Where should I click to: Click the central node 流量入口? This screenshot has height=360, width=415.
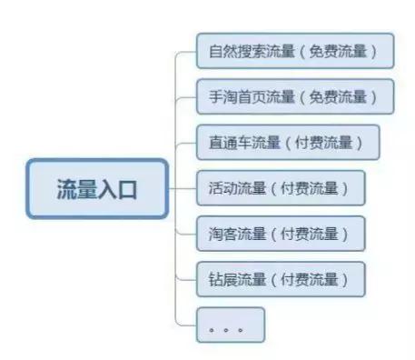pos(97,189)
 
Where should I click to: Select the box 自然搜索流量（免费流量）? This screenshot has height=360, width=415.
pos(295,50)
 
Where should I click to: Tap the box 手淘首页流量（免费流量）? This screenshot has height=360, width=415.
pos(295,96)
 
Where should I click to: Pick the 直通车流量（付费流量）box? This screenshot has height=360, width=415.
pos(288,142)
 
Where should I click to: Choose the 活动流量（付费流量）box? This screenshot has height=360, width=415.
pos(281,188)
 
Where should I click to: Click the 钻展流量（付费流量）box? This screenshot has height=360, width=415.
pos(281,279)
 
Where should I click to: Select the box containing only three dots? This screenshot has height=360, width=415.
pos(230,325)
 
